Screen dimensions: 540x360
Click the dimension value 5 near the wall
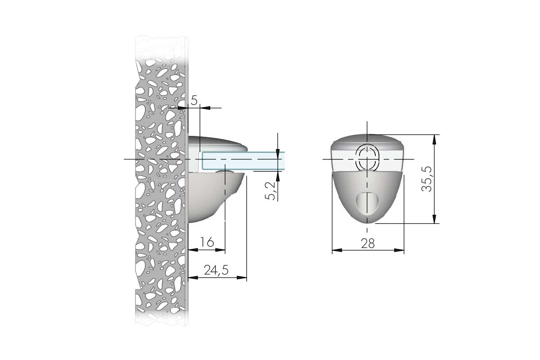point(194,100)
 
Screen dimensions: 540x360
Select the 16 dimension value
point(207,242)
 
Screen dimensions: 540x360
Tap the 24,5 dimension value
point(216,270)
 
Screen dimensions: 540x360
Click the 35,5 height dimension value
point(427,179)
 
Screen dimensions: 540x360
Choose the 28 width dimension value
point(368,244)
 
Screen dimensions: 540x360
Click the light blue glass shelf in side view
point(243,160)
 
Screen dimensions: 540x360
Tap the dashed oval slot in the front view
point(367,158)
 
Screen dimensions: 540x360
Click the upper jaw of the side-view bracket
point(217,144)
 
